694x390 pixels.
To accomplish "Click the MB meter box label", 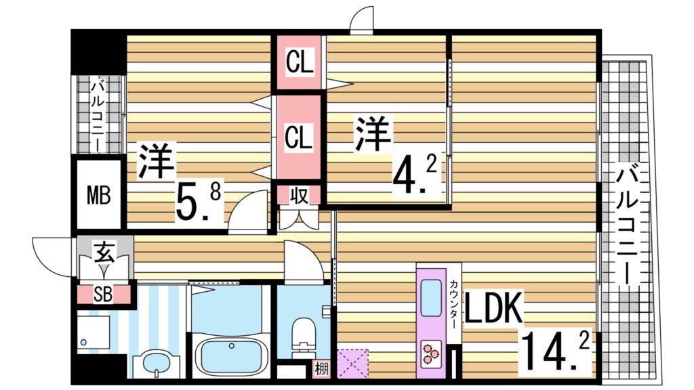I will [x=98, y=196].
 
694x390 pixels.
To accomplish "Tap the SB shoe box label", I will [x=104, y=295].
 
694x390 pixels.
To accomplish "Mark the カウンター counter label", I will [x=453, y=304].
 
